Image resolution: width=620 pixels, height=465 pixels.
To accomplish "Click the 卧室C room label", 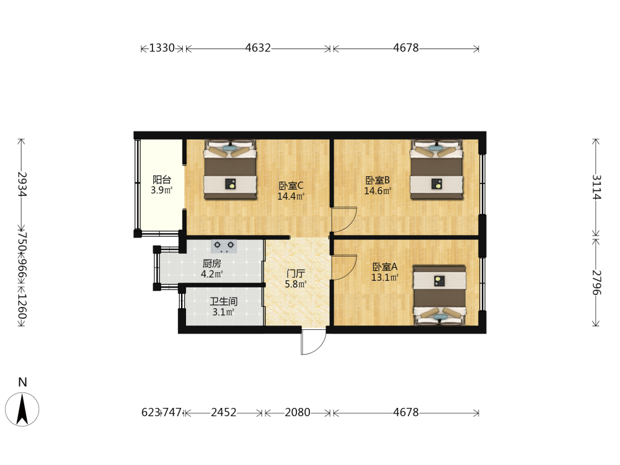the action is coord(291,185).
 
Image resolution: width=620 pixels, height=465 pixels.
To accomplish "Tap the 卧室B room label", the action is coord(378,180).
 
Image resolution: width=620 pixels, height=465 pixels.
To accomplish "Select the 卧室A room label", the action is coord(385,267).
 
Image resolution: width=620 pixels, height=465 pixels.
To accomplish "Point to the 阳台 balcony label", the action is coord(162,180).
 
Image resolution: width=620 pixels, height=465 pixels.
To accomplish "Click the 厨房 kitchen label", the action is coord(211,263).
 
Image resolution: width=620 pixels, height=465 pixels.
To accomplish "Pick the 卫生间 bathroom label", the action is coord(223,301).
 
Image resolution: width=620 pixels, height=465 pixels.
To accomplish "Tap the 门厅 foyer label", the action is coord(296,273).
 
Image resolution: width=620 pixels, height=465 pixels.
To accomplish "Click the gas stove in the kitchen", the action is coord(224,246).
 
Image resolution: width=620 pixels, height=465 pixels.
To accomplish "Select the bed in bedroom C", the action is coord(230,169).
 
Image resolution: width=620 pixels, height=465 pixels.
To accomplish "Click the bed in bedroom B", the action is coord(436,169).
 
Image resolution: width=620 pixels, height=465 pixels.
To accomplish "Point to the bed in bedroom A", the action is coord(440,295).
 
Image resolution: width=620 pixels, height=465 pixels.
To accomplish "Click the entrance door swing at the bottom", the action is coord(314,341).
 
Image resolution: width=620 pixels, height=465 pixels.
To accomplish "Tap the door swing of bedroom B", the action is coord(344,219).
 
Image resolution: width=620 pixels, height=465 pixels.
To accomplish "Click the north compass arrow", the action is coord(22,409).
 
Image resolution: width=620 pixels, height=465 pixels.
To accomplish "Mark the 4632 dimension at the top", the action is coord(258,48).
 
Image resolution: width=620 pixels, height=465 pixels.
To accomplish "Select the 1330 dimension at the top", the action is coord(162,48).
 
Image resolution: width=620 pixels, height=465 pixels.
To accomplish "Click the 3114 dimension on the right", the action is coord(596,187).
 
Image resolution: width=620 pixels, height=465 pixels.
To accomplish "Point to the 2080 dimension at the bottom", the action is coord(298,412).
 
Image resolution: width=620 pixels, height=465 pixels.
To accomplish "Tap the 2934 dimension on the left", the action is coord(22,184).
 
